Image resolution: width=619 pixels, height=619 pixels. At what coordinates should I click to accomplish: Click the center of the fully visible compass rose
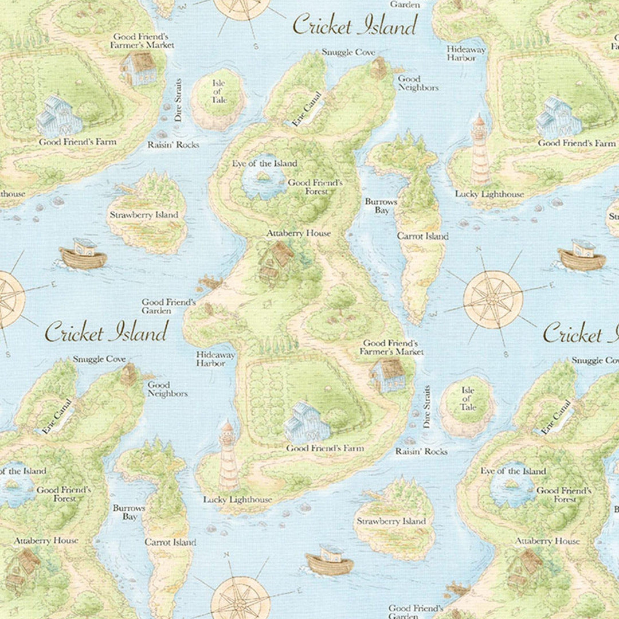click(x=493, y=299)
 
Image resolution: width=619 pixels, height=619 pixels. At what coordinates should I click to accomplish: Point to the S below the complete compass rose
click(x=505, y=354)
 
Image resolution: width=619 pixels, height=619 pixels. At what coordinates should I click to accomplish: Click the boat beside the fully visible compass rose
click(x=582, y=257)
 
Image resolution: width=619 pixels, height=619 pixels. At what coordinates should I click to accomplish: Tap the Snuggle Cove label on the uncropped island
click(x=348, y=52)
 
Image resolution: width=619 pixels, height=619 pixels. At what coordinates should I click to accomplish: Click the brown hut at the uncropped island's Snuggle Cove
click(x=379, y=68)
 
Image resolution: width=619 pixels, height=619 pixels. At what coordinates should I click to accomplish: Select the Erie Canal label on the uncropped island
click(x=307, y=108)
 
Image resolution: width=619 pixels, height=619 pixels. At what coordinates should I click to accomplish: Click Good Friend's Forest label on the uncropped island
click(x=315, y=187)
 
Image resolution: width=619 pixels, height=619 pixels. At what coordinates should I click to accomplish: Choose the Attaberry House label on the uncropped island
click(x=298, y=233)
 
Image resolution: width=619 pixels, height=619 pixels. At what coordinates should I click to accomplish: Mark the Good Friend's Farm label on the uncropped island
click(x=324, y=448)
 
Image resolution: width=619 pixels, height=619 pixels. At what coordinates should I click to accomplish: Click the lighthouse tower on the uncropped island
click(x=228, y=455)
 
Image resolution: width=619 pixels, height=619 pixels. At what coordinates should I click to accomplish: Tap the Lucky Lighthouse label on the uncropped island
click(x=237, y=500)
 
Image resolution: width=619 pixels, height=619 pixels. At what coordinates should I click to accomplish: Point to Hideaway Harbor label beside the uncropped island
click(x=216, y=359)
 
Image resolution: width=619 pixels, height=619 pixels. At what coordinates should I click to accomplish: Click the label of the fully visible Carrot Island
click(x=422, y=236)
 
